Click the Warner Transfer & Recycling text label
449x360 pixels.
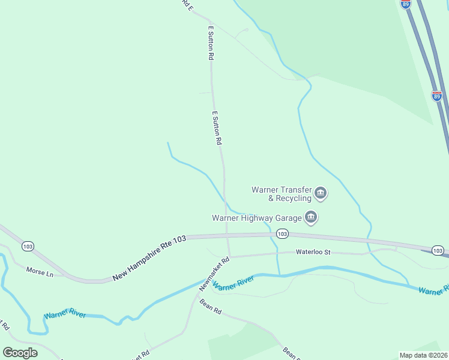pyautogui.click(x=282, y=194)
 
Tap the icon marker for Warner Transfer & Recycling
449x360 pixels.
pyautogui.click(x=321, y=193)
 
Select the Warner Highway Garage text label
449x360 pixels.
pyautogui.click(x=256, y=218)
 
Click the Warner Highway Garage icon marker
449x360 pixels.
pyautogui.click(x=310, y=218)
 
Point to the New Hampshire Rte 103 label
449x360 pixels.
pyautogui.click(x=149, y=258)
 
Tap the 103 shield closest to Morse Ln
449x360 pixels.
pyautogui.click(x=27, y=246)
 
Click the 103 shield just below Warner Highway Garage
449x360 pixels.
pyautogui.click(x=282, y=234)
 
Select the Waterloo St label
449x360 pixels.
pyautogui.click(x=313, y=253)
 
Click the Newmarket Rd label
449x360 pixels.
pyautogui.click(x=215, y=275)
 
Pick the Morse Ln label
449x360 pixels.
pyautogui.click(x=40, y=271)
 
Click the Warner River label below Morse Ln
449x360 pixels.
pyautogui.click(x=64, y=315)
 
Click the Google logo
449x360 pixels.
pyautogui.click(x=20, y=353)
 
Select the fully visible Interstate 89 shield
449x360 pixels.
pyautogui.click(x=436, y=96)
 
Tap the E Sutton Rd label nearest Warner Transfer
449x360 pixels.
pyautogui.click(x=217, y=127)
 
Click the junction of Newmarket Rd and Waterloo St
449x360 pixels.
pyautogui.click(x=230, y=257)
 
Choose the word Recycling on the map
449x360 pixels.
pyautogui.click(x=294, y=198)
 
